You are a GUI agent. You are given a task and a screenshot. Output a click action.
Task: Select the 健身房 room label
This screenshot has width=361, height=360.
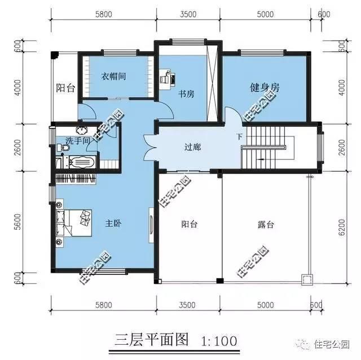265,87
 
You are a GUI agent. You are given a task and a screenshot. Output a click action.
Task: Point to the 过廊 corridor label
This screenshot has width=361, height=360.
193,148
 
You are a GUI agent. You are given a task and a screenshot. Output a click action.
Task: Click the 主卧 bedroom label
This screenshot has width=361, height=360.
114,224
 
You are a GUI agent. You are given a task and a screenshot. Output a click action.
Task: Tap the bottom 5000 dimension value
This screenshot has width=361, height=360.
265,305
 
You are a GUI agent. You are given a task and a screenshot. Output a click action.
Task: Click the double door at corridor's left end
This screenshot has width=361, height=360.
150,147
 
